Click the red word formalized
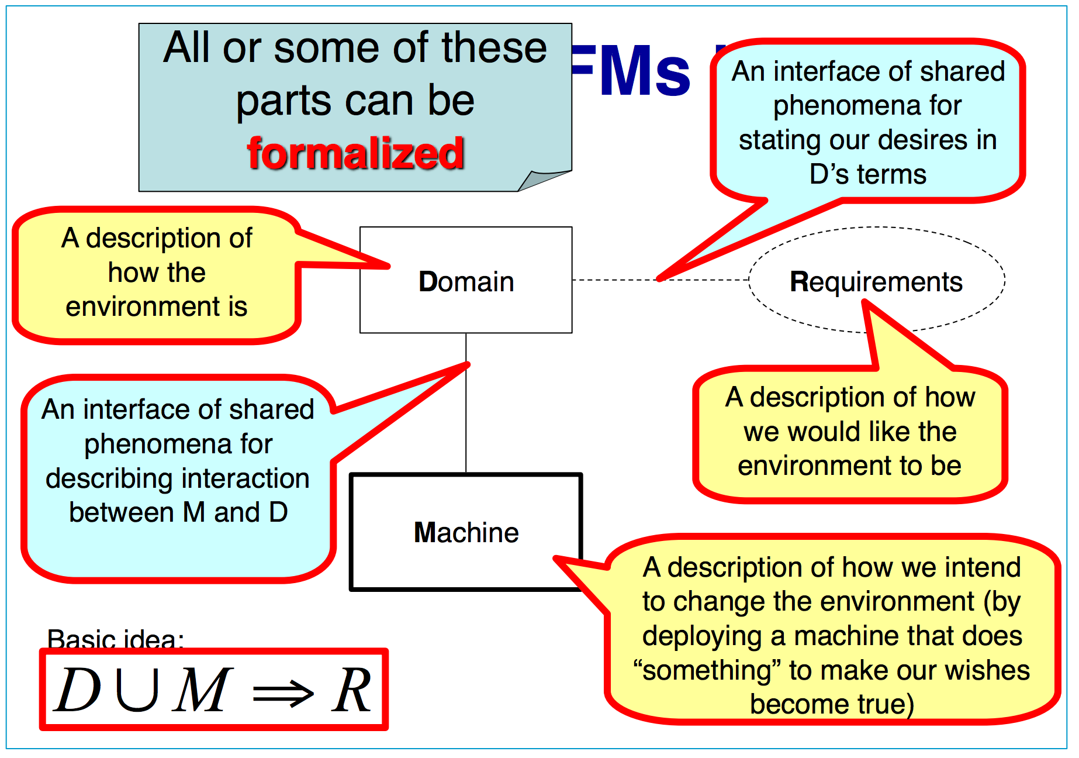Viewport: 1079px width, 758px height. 355,153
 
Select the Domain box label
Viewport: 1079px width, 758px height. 466,282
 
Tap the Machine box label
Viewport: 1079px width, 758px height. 466,533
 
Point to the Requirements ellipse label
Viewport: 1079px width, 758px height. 876,282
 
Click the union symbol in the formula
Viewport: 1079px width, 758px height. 138,690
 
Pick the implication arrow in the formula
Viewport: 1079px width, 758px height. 283,694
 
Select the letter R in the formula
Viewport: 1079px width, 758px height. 351,690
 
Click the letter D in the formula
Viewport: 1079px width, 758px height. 78,690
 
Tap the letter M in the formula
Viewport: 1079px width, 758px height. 202,690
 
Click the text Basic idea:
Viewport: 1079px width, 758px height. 115,639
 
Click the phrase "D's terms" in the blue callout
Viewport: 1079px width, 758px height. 867,174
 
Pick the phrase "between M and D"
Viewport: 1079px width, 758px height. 178,512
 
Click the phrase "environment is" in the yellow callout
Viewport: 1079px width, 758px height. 156,306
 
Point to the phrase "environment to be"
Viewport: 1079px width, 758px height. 849,466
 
